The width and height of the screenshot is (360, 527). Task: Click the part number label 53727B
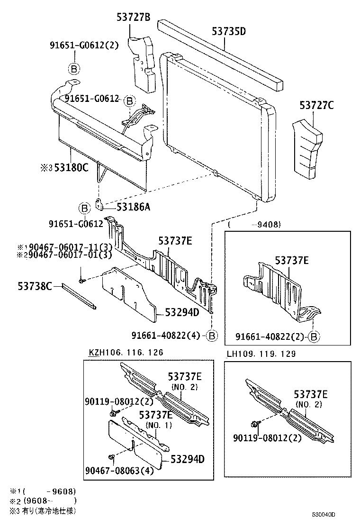point(133,18)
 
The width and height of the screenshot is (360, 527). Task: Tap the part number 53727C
point(316,105)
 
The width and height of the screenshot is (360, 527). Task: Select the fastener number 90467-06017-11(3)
point(65,247)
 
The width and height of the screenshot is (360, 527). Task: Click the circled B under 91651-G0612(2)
point(74,69)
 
